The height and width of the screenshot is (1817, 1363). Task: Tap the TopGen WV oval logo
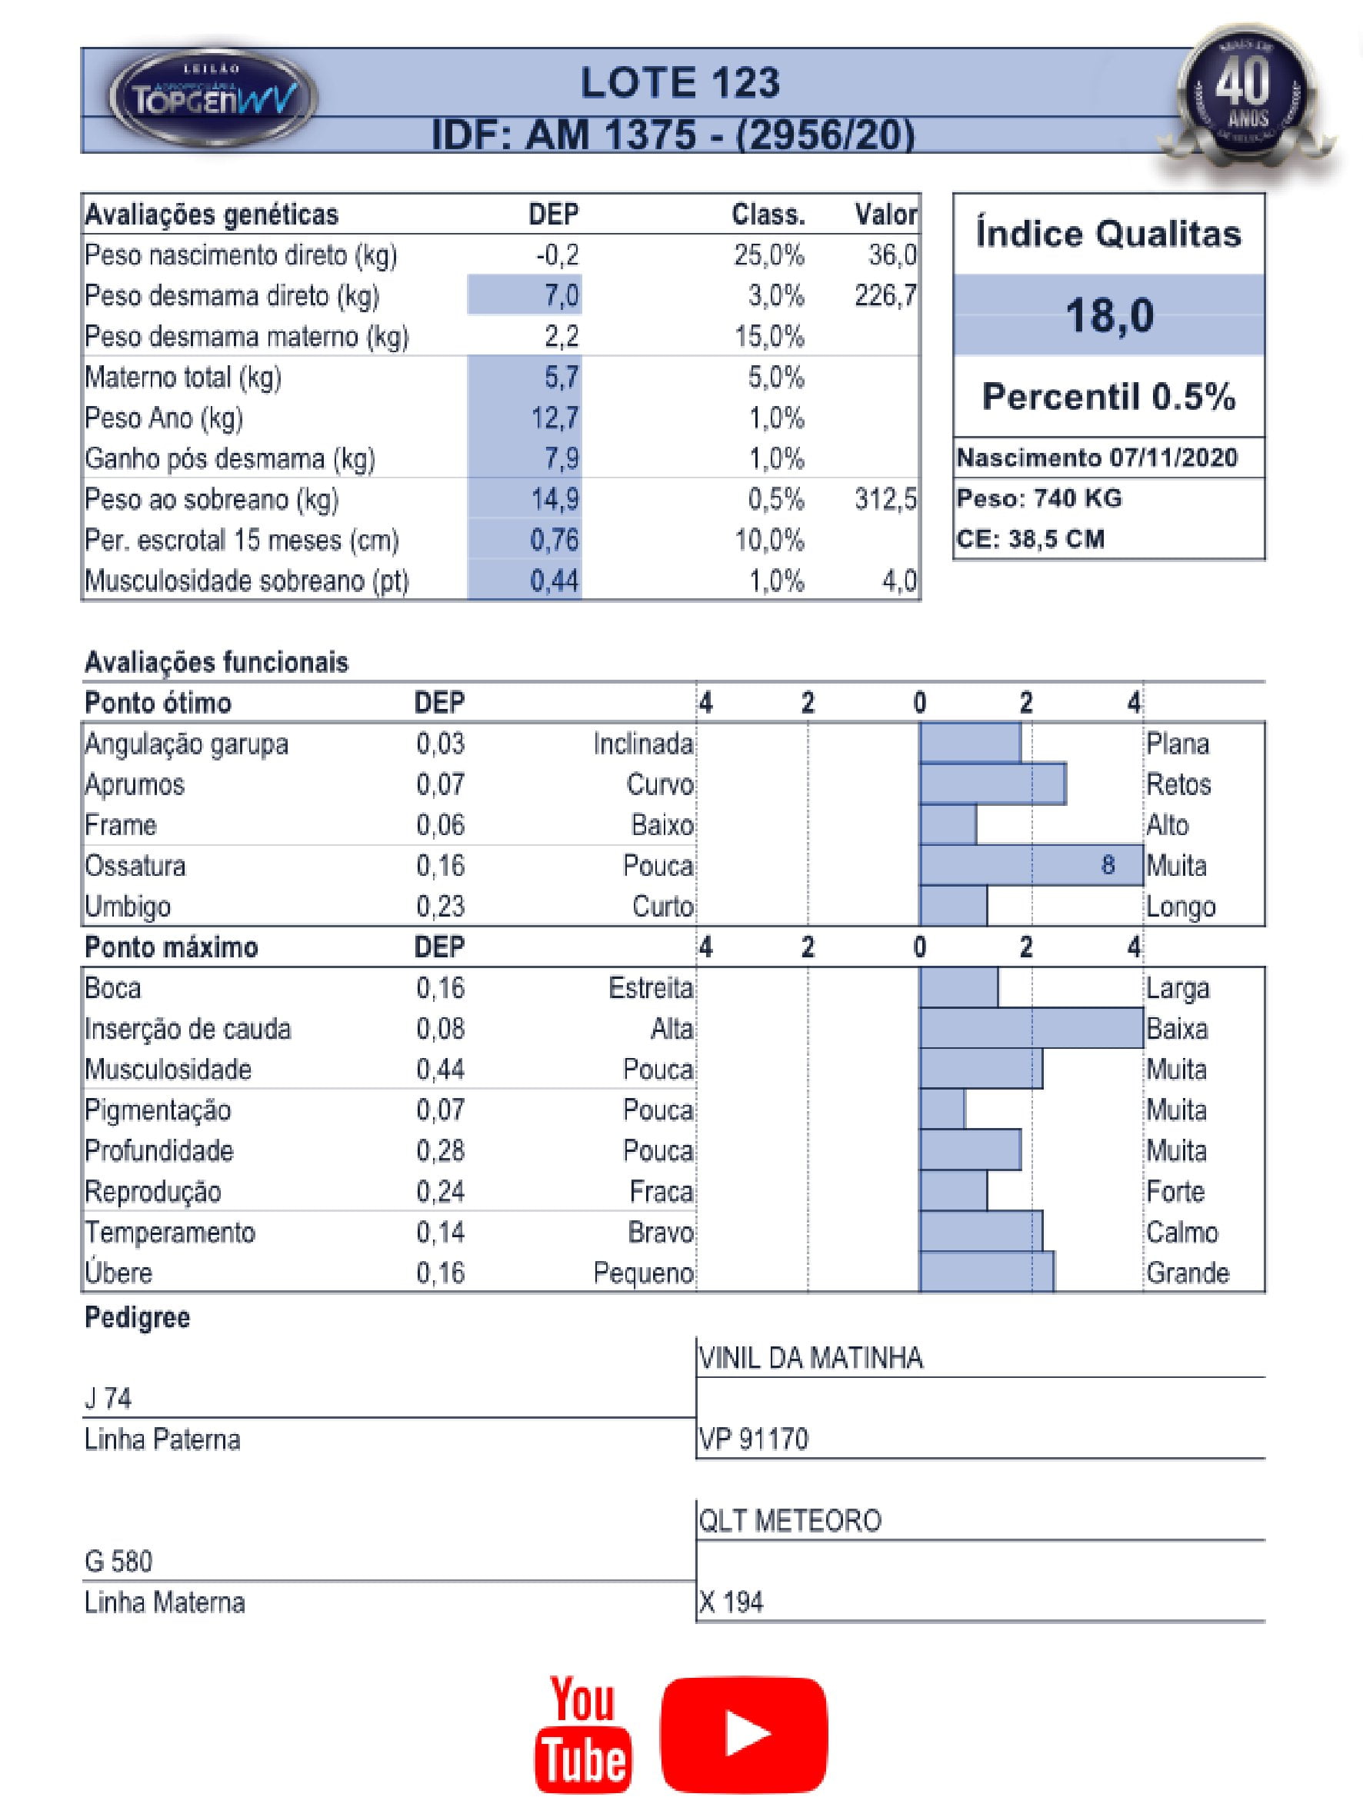coord(213,98)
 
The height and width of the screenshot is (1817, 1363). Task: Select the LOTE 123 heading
coord(680,83)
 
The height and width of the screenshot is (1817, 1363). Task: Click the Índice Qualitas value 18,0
coord(1109,315)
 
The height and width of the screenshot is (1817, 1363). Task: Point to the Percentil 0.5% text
coord(1109,397)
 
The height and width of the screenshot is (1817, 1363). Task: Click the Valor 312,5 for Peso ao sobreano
coord(885,500)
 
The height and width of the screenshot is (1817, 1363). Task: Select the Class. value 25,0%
coord(769,255)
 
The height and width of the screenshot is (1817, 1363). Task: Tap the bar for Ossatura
coord(1031,865)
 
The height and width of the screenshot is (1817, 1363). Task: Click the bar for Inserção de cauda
coord(1031,1028)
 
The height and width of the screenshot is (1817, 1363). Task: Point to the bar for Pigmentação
coord(942,1110)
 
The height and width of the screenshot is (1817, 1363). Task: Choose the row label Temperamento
coord(170,1232)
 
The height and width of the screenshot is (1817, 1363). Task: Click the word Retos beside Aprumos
coord(1178,784)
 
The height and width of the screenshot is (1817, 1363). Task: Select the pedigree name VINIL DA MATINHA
coord(811,1359)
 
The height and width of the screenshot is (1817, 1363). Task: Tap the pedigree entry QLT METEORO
coord(789,1521)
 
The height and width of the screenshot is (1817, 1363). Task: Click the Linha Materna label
coord(165,1602)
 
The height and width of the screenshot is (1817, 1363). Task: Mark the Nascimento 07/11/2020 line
coord(1097,458)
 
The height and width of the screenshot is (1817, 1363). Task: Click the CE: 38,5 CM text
coord(1030,540)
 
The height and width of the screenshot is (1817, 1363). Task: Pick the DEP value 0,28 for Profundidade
coord(441,1151)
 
